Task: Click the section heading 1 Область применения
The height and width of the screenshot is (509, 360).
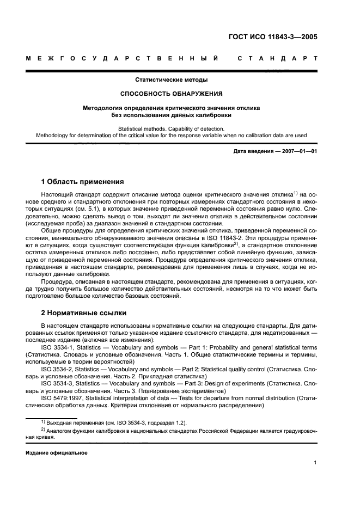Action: [83, 181]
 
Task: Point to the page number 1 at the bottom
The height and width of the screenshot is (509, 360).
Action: [315, 463]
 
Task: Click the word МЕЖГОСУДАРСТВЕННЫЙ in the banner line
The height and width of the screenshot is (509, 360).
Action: [123, 58]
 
